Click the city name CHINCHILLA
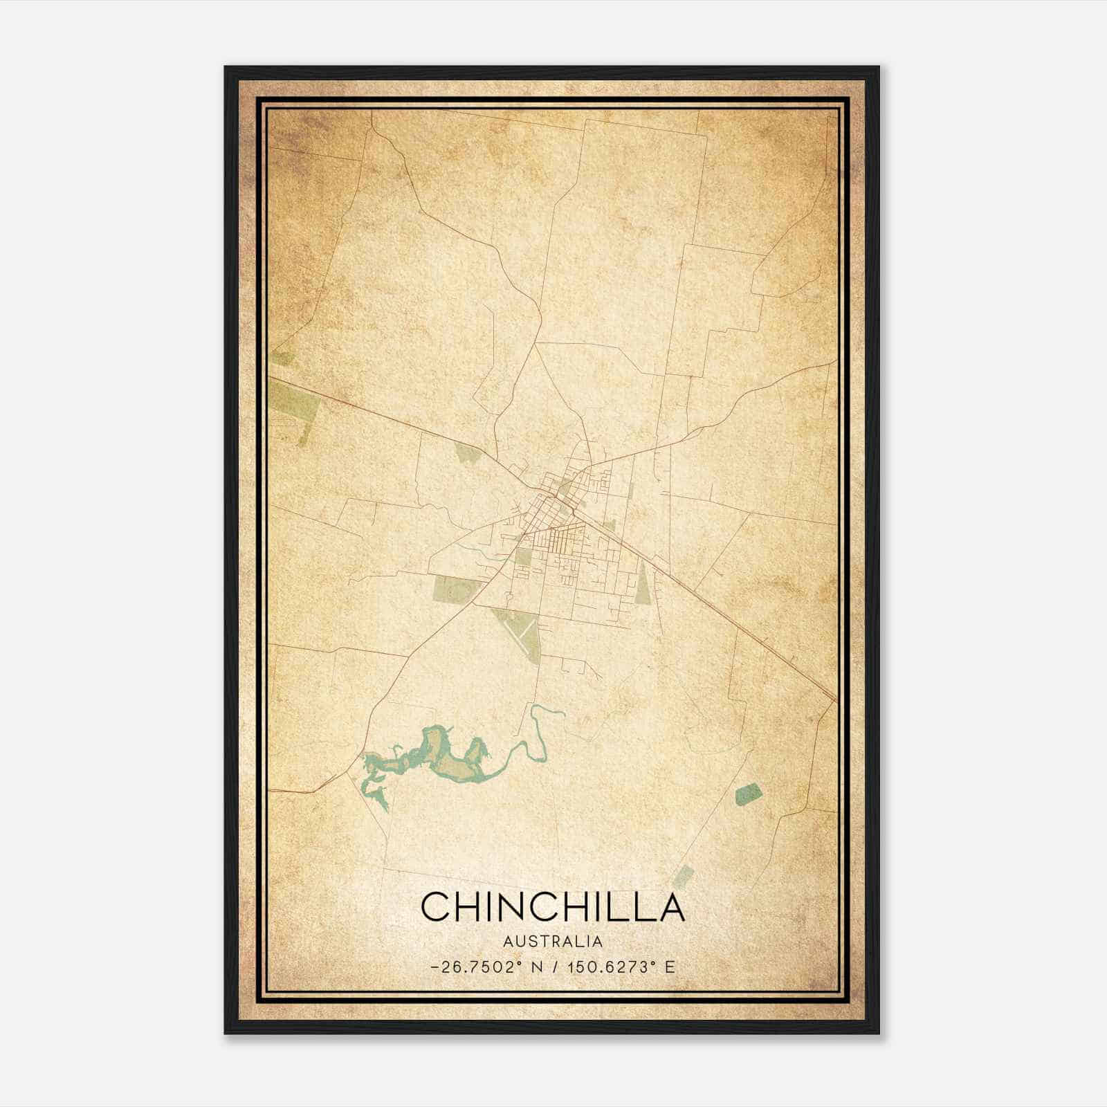[553, 906]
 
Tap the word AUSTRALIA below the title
[553, 942]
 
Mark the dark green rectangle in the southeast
[748, 794]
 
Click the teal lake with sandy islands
[443, 758]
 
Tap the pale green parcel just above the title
[684, 875]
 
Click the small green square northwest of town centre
[468, 453]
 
